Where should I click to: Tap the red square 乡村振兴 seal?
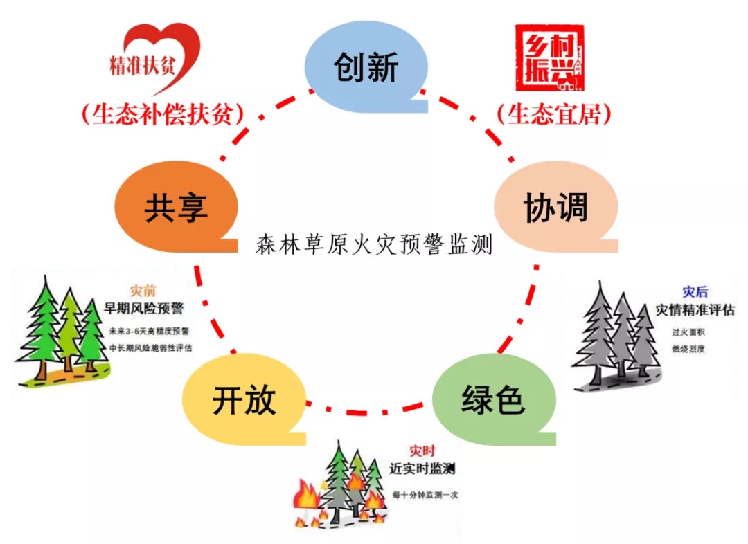coord(550,58)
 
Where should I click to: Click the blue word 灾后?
coord(695,291)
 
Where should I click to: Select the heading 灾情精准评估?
coord(695,309)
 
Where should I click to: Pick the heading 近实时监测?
coord(422,469)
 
